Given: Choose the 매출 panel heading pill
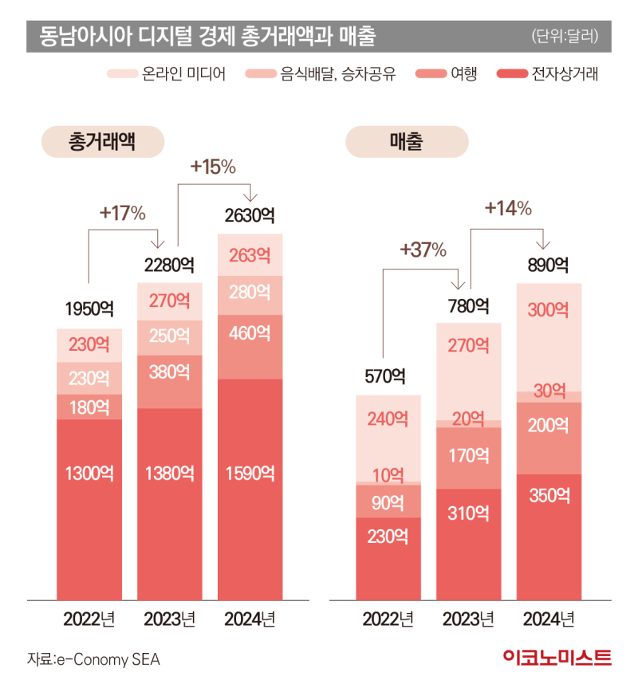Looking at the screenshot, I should coord(407,143).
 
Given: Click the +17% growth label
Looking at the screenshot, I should coord(122,213).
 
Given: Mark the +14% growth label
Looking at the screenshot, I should coord(508,208).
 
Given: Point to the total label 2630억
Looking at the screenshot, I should coord(250,215).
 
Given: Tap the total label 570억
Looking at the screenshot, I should coord(388,375).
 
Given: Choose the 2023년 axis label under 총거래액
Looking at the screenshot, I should coord(169,619).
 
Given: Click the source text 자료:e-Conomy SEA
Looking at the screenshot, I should coord(88,660).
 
